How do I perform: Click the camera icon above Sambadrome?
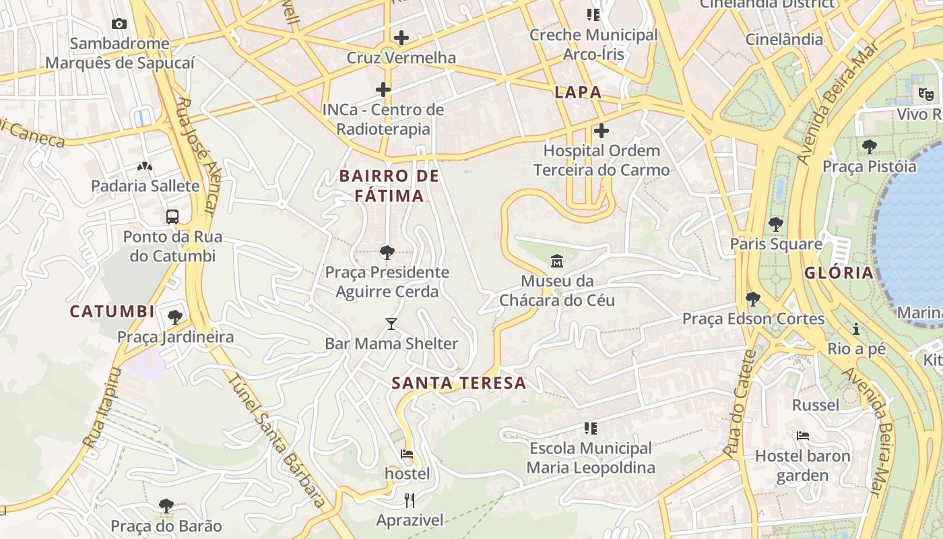coord(119,24)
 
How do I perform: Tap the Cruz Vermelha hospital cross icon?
coord(401,38)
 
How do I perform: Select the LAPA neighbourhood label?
coord(578,93)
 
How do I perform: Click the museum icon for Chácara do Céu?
coord(557,261)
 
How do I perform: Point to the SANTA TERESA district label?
coord(459,383)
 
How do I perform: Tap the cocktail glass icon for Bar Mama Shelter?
coord(391,324)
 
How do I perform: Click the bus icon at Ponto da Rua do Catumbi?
coord(172,217)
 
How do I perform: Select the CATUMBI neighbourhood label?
coord(112,312)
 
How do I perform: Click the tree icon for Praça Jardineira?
coord(175,317)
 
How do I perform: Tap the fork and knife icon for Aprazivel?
coord(410,500)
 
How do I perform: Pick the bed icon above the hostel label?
coord(407,454)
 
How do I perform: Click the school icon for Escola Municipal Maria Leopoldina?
coord(591,428)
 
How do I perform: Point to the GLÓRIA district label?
coord(839,273)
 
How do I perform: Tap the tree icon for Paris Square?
coord(776,224)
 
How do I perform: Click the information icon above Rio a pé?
coord(856,329)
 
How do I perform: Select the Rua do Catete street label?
coord(740,402)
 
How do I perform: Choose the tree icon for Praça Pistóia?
coord(869,146)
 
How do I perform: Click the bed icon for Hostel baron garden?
coord(802,436)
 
